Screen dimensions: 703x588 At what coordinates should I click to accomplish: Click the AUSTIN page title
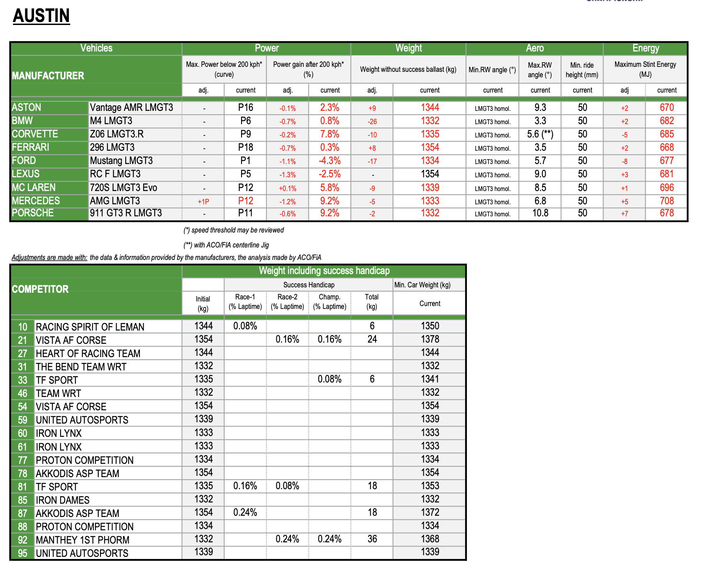(x=41, y=16)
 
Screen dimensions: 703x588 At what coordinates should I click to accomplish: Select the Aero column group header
(x=535, y=48)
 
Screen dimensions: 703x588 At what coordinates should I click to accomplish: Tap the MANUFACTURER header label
(x=48, y=76)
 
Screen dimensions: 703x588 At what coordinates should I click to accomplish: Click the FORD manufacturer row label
(x=24, y=161)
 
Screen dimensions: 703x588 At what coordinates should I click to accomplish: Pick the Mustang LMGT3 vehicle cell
(x=121, y=161)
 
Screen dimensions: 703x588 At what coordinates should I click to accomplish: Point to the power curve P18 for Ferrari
(x=246, y=147)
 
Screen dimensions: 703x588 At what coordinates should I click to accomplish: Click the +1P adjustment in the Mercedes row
(x=203, y=202)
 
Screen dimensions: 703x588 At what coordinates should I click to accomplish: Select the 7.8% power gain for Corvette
(x=330, y=134)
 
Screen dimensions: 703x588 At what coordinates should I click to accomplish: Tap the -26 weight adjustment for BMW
(x=372, y=122)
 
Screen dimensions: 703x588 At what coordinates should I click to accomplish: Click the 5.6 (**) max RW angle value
(x=540, y=134)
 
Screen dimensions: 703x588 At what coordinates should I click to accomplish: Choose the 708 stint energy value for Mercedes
(x=666, y=201)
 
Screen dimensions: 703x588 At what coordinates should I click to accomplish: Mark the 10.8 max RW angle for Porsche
(x=540, y=213)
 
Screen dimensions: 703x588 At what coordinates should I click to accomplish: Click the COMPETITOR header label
(x=40, y=289)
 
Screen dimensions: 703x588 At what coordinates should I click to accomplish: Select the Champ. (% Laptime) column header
(x=330, y=302)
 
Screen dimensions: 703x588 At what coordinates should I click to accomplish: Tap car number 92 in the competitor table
(x=22, y=540)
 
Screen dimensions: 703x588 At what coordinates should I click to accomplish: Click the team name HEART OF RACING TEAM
(x=88, y=353)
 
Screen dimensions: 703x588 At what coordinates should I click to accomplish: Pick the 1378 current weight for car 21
(x=430, y=339)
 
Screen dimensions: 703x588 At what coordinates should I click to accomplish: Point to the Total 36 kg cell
(x=372, y=539)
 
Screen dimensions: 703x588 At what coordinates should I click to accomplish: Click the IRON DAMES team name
(x=63, y=500)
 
